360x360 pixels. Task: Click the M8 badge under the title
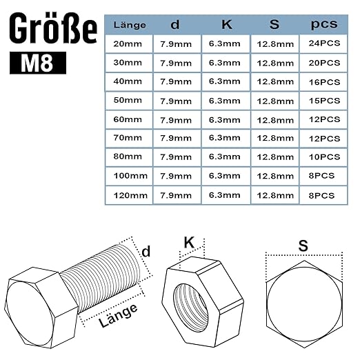tap(38, 63)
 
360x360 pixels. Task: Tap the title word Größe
tap(53, 28)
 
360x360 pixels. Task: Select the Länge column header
tap(130, 25)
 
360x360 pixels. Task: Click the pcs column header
tap(324, 24)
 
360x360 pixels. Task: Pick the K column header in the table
tap(227, 24)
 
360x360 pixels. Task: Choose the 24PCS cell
tap(324, 43)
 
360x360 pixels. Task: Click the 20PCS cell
tap(324, 63)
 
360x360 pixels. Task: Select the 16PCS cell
tap(324, 82)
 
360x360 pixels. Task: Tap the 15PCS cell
tap(324, 101)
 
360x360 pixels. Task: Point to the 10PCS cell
tap(324, 157)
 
